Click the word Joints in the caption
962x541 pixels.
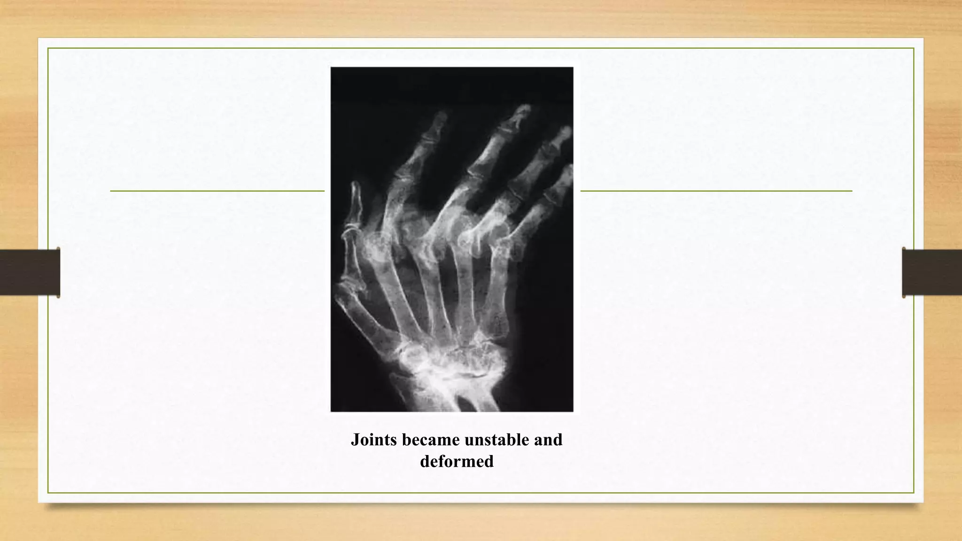[374, 440]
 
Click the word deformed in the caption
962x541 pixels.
[457, 462]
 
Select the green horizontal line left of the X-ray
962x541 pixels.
[217, 191]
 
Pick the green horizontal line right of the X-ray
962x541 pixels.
[716, 191]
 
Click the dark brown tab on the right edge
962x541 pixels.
[932, 272]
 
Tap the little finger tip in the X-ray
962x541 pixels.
[568, 169]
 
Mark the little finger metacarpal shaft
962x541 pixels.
[498, 291]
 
